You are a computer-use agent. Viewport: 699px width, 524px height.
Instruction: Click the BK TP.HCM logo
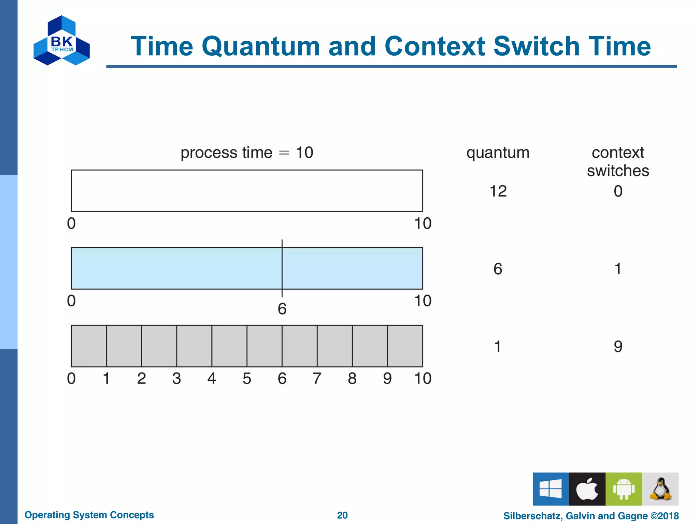(x=62, y=41)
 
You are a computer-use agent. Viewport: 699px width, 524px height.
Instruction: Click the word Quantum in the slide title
(x=261, y=46)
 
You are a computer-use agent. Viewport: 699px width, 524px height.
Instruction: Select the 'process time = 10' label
(x=247, y=152)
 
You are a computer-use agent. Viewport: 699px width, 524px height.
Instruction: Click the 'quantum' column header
(x=498, y=152)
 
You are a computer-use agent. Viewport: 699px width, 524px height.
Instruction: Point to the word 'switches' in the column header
(x=618, y=171)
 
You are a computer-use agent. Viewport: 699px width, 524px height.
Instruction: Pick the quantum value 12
(x=498, y=191)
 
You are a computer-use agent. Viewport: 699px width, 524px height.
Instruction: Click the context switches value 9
(x=618, y=347)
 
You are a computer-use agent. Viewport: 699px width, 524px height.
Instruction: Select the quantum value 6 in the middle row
(x=498, y=269)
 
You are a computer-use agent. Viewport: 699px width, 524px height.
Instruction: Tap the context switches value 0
(x=618, y=191)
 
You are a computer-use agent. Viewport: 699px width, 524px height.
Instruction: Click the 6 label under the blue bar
(x=282, y=309)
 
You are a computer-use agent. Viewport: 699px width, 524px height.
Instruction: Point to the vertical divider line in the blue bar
(x=282, y=268)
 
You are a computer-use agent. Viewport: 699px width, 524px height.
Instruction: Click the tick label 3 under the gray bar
(x=176, y=378)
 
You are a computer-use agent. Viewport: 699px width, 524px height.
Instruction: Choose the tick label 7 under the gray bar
(x=317, y=378)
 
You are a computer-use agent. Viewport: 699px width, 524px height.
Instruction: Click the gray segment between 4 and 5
(x=229, y=346)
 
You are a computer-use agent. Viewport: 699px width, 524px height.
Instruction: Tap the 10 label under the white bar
(x=423, y=223)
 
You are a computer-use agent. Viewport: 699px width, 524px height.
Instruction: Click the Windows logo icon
(x=551, y=489)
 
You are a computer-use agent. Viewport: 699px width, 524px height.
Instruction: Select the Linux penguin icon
(x=660, y=489)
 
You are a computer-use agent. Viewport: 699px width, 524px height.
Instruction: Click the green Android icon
(x=624, y=489)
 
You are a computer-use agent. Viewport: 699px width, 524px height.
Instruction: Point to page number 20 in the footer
(x=342, y=515)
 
